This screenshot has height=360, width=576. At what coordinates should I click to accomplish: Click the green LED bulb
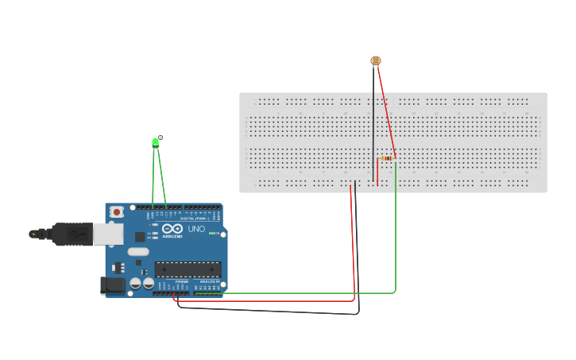click(156, 142)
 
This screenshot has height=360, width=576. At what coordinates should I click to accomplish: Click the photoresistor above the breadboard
click(376, 60)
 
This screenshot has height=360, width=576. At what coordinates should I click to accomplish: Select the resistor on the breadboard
click(387, 158)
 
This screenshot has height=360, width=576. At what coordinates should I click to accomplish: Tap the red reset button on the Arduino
click(117, 212)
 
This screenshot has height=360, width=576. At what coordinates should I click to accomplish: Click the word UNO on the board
click(196, 229)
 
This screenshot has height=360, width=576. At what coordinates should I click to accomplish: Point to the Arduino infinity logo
click(172, 229)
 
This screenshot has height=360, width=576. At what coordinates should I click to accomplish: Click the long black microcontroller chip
click(187, 269)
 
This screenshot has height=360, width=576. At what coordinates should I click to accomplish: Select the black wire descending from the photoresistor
click(373, 119)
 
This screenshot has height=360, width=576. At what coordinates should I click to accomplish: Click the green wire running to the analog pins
click(318, 292)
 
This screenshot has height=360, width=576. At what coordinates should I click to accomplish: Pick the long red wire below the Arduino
click(270, 301)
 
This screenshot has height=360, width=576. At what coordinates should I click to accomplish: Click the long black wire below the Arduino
click(270, 310)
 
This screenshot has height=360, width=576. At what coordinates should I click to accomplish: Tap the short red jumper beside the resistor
click(377, 171)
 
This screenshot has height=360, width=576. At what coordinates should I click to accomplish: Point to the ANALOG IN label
click(208, 281)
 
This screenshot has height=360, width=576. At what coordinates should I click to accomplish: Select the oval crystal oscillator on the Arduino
click(137, 252)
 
